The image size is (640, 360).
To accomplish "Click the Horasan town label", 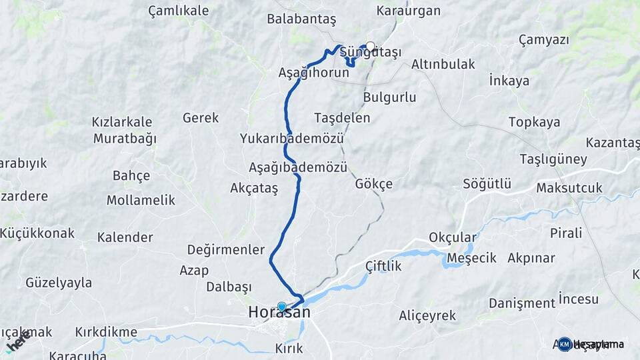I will click(279, 312).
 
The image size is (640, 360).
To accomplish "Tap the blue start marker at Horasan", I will click(282, 307).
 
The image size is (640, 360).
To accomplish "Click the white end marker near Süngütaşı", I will click(371, 46).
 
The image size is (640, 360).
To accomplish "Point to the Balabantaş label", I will click(301, 19).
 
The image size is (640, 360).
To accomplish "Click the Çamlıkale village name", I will click(178, 11).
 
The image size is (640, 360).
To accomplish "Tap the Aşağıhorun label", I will click(313, 73).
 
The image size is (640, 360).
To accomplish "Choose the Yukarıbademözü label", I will click(292, 139).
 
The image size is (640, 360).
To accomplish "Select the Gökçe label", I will click(374, 184).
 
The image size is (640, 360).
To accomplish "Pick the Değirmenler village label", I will click(226, 249).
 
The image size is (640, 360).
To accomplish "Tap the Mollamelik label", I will click(141, 200).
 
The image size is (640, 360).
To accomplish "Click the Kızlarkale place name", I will click(123, 123).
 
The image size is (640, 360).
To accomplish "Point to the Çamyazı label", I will click(543, 40).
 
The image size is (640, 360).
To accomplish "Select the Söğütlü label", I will click(487, 184).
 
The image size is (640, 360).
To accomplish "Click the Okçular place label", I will click(453, 238).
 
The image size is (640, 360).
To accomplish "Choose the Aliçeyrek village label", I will click(427, 315).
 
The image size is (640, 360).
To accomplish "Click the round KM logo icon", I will click(565, 344).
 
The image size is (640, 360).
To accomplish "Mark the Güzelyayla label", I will click(59, 283).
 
